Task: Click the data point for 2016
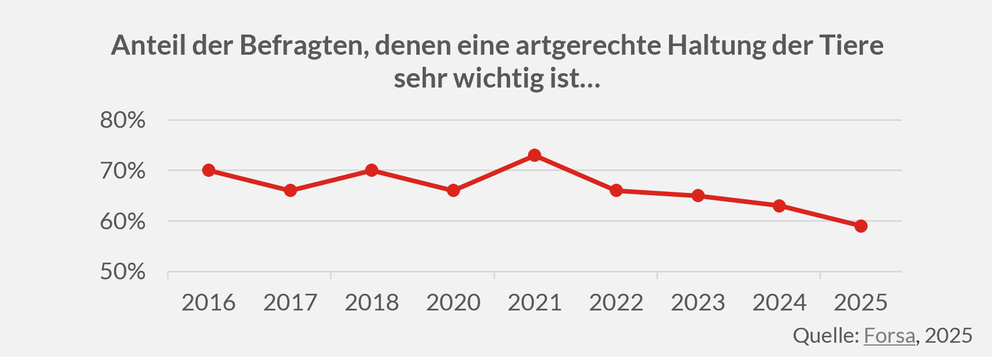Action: (x=209, y=170)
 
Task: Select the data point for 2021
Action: (x=535, y=156)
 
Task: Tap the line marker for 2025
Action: (x=861, y=226)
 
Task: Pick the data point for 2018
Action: (x=372, y=170)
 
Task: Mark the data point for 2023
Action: (x=698, y=196)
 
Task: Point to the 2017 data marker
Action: (x=290, y=191)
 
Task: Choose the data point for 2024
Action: (x=779, y=206)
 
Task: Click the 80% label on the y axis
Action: (x=123, y=120)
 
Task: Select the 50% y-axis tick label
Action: (x=123, y=272)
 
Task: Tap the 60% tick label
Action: (x=123, y=221)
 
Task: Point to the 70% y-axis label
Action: (x=123, y=171)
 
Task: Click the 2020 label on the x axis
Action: (x=453, y=303)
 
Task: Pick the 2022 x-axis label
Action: (x=616, y=303)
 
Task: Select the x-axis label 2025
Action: (x=861, y=303)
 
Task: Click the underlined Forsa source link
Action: (x=889, y=336)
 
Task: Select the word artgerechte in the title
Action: (x=588, y=46)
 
